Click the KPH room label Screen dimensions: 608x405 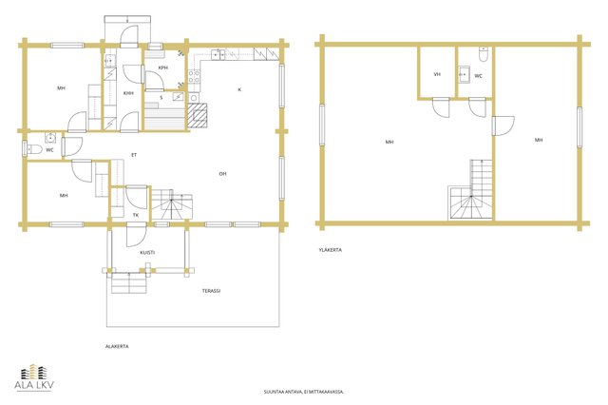click(x=162, y=67)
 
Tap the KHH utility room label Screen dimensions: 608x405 click(x=128, y=93)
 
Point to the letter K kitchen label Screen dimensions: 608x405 click(x=239, y=89)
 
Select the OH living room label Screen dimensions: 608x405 click(x=222, y=174)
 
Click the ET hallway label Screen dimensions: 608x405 click(x=134, y=155)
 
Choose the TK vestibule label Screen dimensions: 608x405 click(x=136, y=215)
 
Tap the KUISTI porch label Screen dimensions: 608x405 click(x=147, y=253)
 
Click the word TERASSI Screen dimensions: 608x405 click(x=211, y=291)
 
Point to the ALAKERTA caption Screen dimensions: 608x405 click(x=117, y=346)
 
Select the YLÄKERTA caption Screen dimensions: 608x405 click(x=331, y=250)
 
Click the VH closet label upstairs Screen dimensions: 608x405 click(x=437, y=74)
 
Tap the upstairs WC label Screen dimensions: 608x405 click(x=479, y=76)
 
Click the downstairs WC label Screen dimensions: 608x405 click(x=49, y=150)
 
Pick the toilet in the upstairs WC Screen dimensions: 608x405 click(x=484, y=54)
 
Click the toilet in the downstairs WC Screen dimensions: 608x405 click(x=34, y=149)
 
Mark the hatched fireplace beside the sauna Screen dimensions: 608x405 click(x=198, y=115)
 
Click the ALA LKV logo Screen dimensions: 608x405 click(x=34, y=377)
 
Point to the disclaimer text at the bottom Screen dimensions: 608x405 click(x=304, y=392)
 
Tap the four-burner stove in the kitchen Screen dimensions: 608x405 click(x=194, y=76)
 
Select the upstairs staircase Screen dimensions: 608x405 click(x=471, y=190)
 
